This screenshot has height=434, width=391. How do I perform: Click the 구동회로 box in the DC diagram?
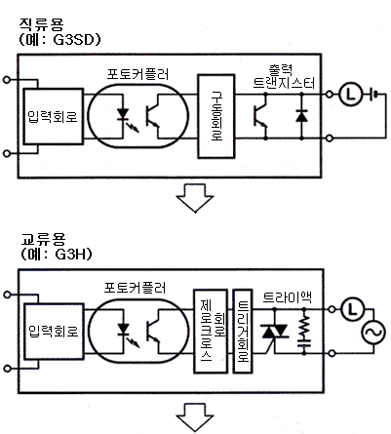[216, 116]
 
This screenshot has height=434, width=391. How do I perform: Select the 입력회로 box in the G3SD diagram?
[54, 116]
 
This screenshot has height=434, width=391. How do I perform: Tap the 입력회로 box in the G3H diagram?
[55, 332]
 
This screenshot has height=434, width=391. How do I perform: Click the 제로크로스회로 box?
[211, 331]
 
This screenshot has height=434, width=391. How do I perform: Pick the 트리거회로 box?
[243, 331]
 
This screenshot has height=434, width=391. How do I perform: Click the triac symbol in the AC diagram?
[275, 333]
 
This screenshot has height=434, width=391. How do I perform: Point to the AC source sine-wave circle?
[373, 333]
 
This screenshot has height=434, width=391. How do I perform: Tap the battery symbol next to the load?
[374, 95]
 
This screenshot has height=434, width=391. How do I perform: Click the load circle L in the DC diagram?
[350, 95]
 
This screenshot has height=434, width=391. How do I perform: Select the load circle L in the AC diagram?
[352, 309]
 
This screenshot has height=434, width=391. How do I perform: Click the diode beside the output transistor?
[301, 116]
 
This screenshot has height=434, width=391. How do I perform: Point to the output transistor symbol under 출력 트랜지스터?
[260, 116]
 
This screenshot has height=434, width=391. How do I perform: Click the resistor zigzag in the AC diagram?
[304, 326]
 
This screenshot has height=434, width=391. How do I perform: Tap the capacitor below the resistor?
[304, 342]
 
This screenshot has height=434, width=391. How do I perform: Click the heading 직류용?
[41, 24]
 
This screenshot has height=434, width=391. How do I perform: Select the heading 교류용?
[43, 240]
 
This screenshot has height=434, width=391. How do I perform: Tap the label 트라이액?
[287, 296]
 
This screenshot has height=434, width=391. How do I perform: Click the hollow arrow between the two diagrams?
[195, 198]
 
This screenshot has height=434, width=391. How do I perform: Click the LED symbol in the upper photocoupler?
[123, 114]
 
